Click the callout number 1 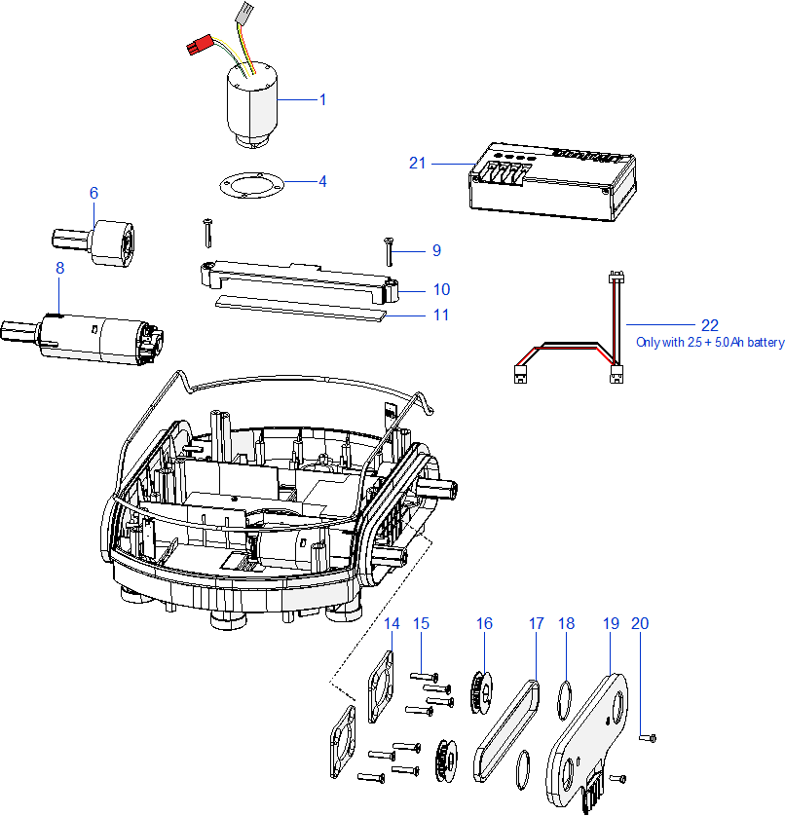pos(322,99)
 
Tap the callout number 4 pos(322,181)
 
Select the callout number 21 pos(418,163)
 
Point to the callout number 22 pos(709,324)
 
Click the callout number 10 pos(441,289)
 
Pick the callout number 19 pos(611,623)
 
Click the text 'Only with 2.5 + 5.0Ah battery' pos(710,343)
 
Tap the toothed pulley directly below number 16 pos(479,690)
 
